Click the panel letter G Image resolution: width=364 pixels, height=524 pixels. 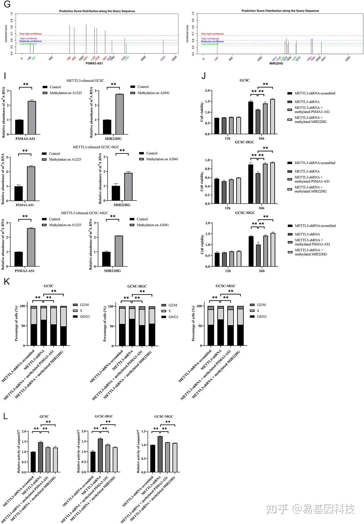[x=7, y=4]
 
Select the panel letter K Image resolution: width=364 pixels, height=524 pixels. [x=7, y=282]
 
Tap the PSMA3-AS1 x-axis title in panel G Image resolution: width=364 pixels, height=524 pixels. [x=94, y=63]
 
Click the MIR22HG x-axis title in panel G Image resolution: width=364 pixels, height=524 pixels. [x=276, y=63]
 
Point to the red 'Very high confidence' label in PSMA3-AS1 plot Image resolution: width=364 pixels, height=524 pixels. [x=31, y=34]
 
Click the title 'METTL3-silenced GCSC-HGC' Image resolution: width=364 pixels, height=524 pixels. [x=96, y=147]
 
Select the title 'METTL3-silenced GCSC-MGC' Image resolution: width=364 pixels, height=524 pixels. [x=84, y=213]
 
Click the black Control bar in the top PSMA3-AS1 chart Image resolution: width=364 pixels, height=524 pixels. [x=19, y=127]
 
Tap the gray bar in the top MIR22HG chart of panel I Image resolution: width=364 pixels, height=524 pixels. [x=119, y=114]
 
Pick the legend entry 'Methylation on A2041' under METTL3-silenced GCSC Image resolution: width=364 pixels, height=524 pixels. [x=153, y=93]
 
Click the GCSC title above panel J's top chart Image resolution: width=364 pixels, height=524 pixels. [x=244, y=80]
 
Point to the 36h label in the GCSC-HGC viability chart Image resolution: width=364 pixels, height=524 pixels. [x=261, y=208]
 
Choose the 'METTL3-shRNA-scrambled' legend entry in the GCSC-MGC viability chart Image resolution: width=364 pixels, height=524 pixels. [x=315, y=226]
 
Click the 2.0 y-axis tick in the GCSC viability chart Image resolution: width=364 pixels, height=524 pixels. [x=207, y=91]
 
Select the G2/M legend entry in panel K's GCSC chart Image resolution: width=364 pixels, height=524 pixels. [x=84, y=305]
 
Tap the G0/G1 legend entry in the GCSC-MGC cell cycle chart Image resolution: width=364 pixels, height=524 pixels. [x=262, y=317]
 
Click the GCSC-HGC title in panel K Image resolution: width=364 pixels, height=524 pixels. [x=137, y=286]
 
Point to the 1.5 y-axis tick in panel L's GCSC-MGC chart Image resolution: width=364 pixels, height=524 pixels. [x=144, y=431]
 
